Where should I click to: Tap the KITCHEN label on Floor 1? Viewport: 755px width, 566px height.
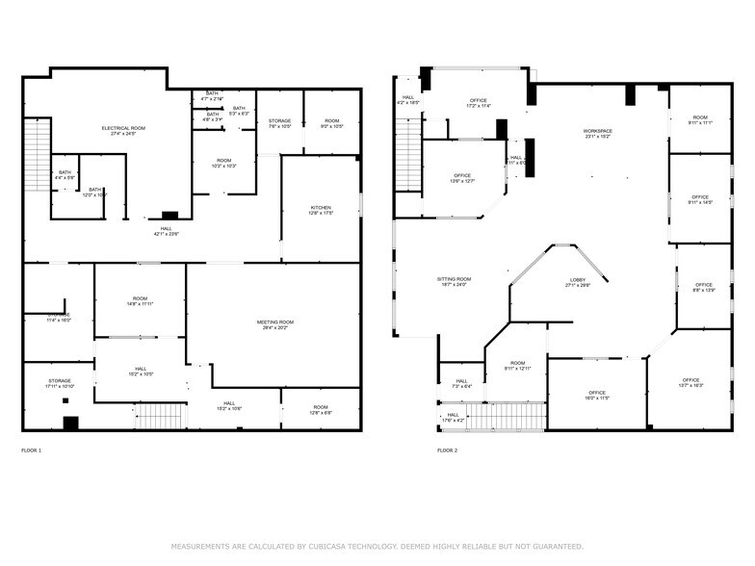tap(321, 211)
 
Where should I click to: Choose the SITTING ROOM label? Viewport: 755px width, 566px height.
tap(454, 281)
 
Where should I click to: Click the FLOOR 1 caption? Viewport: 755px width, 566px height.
tap(32, 450)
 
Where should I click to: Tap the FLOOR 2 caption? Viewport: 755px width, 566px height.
tap(447, 450)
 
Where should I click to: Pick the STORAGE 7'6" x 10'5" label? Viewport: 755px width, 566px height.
tap(280, 123)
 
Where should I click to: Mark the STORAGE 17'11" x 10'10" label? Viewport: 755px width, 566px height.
tap(60, 383)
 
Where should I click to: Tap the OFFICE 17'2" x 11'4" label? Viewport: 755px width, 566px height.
tap(478, 103)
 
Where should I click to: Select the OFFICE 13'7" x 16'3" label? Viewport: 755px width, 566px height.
tap(691, 382)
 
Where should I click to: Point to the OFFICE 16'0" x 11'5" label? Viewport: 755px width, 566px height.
tap(596, 395)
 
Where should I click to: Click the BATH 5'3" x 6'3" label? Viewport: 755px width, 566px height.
tap(239, 111)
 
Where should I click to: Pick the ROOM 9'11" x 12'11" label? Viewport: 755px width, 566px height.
tap(517, 366)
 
